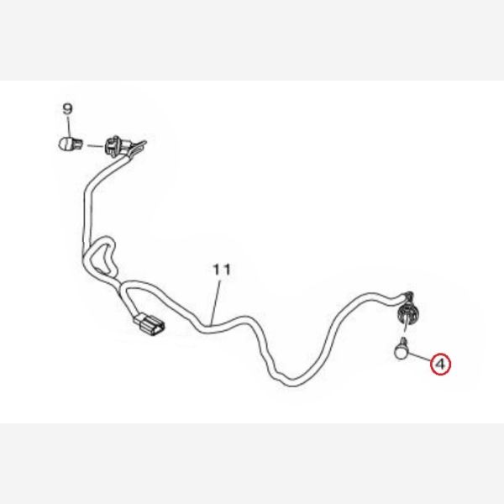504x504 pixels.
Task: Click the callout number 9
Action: point(67,109)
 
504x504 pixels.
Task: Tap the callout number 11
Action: point(222,270)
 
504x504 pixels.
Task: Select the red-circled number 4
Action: point(441,365)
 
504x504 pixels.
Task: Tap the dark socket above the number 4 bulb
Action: point(407,312)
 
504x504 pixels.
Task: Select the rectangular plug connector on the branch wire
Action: point(150,325)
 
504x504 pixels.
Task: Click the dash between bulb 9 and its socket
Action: point(95,146)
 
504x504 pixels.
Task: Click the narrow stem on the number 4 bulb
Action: point(403,340)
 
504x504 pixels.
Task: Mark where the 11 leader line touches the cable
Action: point(211,323)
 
